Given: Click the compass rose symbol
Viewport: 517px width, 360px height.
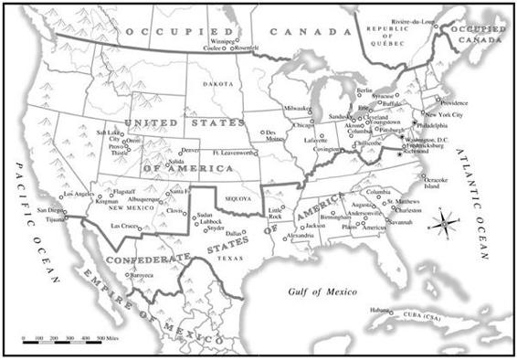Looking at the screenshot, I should pos(445,221).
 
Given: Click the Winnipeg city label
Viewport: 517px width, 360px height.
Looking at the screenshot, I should pos(223,41).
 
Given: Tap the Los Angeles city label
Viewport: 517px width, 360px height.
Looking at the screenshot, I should pos(77,195).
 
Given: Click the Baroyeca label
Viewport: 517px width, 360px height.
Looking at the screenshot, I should pos(142,274).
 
